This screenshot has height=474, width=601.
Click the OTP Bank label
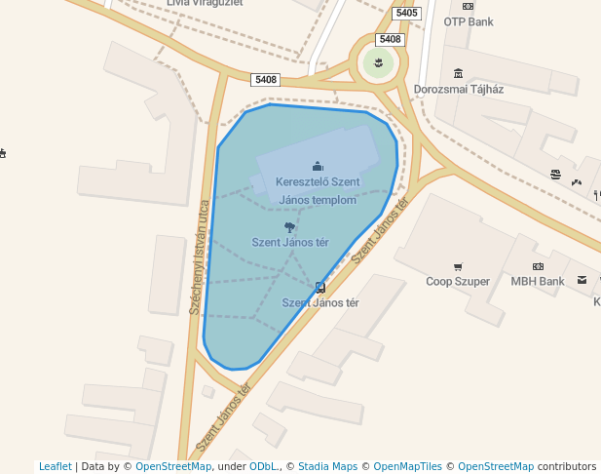[469, 21]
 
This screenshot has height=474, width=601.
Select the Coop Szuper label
[458, 282]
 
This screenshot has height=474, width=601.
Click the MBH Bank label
[538, 282]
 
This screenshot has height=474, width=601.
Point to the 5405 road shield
[407, 13]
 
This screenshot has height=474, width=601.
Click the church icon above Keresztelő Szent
[317, 167]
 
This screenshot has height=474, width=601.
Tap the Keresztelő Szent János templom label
[318, 190]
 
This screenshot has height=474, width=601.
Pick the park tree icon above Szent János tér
[289, 226]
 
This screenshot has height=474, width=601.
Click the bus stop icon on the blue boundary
[319, 287]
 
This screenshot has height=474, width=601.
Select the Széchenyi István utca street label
[200, 257]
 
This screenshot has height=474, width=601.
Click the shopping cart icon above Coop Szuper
[458, 266]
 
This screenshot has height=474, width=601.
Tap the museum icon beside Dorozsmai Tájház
[458, 73]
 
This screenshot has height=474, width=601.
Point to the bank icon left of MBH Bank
[538, 266]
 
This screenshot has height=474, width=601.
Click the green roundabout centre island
[379, 63]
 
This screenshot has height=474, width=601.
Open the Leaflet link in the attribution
[55, 466]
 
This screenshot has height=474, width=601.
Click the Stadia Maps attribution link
[327, 466]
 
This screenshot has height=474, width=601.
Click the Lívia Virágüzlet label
[205, 3]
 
